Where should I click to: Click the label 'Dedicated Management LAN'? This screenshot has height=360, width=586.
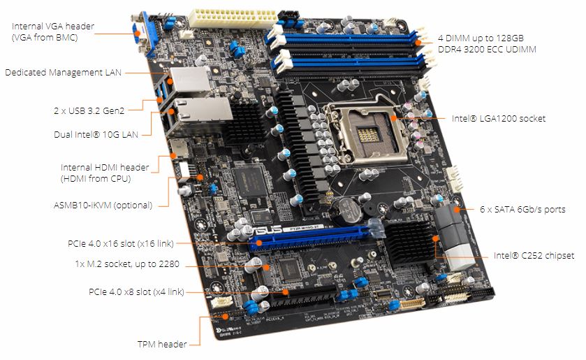(x=63, y=72)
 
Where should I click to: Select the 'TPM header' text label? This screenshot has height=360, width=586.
(x=162, y=344)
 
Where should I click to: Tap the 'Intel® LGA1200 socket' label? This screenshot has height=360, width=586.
(x=499, y=119)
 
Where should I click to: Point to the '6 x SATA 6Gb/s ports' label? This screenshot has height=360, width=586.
(x=522, y=209)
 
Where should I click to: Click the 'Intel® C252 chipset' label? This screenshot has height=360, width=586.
(x=534, y=256)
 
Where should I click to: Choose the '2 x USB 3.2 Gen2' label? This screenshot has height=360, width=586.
(x=89, y=110)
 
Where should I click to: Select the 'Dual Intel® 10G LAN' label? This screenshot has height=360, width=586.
(x=96, y=134)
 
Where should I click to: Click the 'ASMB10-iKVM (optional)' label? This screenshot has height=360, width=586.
(x=103, y=205)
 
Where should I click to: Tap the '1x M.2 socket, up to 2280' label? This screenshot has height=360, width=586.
(x=127, y=264)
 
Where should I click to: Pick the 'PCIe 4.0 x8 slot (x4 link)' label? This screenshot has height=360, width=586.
(x=136, y=291)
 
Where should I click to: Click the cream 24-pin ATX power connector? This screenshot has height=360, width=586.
(x=233, y=19)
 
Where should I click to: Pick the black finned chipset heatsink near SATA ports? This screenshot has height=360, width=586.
(x=411, y=243)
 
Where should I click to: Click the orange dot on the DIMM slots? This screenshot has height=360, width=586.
(x=418, y=42)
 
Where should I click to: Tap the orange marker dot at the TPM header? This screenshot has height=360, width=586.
(x=225, y=317)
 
